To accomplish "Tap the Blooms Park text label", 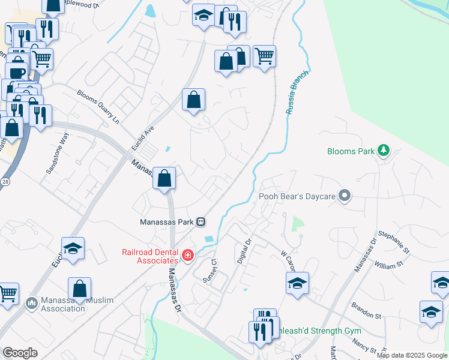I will pyautogui.click(x=351, y=151).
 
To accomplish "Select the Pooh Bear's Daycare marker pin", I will pyautogui.click(x=345, y=196).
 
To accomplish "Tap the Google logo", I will pyautogui.click(x=20, y=353).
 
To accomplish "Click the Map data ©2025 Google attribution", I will pyautogui.click(x=412, y=355).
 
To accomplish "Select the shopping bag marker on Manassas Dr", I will pyautogui.click(x=164, y=178).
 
